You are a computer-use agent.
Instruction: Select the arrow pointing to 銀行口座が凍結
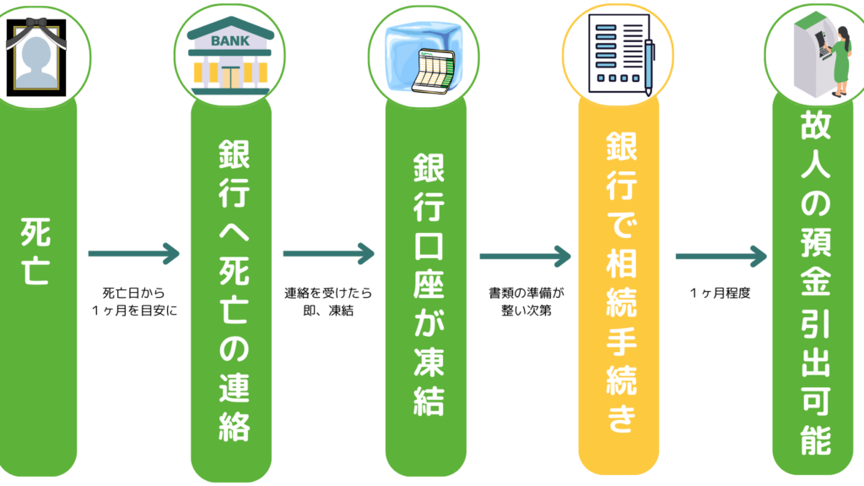tap(328, 253)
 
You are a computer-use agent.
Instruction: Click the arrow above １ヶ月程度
tap(721, 254)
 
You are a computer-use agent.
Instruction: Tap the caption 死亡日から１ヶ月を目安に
tap(136, 302)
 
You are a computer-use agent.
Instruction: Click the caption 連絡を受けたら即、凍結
tap(328, 302)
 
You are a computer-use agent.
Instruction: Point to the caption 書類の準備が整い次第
tap(526, 302)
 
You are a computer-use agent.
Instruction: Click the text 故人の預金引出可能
tap(815, 282)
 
